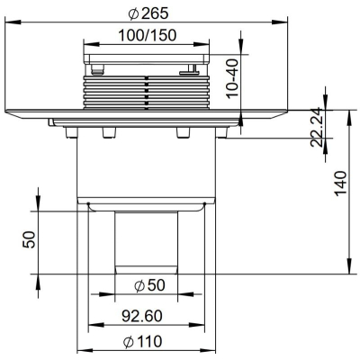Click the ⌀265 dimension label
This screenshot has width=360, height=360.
[148, 13]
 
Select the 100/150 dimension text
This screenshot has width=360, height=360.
[148, 35]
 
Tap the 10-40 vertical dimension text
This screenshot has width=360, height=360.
[232, 78]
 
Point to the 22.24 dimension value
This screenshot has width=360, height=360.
[316, 127]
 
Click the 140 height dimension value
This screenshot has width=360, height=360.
[340, 184]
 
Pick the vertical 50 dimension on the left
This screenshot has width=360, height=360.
[29, 239]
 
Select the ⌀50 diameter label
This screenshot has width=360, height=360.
[149, 285]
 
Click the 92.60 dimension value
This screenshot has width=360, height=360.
[142, 316]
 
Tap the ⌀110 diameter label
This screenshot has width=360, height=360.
[143, 341]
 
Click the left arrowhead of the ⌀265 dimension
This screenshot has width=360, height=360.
[13, 22]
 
